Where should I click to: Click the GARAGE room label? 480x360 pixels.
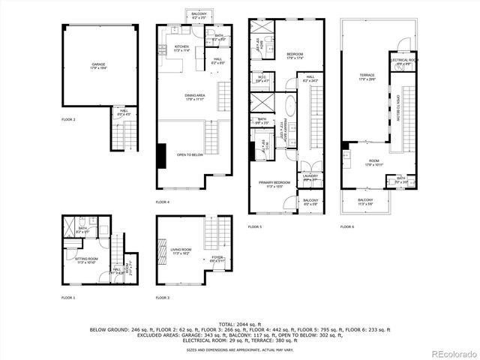pos(98,65)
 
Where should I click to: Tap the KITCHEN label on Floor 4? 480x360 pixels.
pos(181,46)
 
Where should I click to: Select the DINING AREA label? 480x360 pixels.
pos(194,94)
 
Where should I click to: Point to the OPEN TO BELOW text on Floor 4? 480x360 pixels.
pos(193,154)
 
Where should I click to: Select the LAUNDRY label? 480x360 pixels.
pos(310,176)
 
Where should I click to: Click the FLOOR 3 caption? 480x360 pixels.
pos(162,298)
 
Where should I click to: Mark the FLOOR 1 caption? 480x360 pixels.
pos(68,298)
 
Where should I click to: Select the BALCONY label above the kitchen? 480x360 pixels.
pos(199,14)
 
